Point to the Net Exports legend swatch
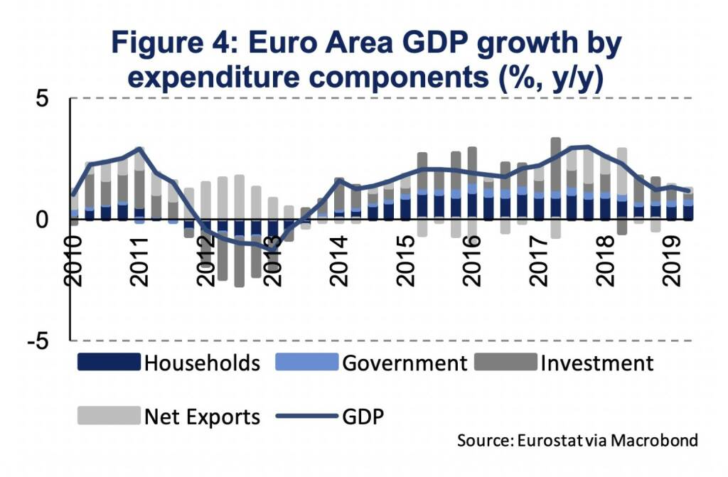pos(107,416)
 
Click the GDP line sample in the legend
pos(305,416)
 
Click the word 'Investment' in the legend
pos(596,363)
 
